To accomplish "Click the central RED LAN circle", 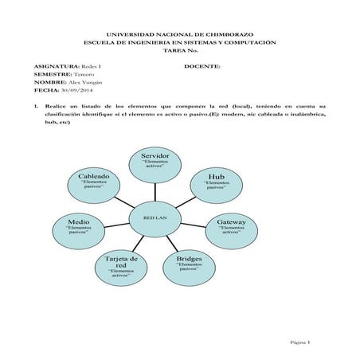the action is [x=155, y=216].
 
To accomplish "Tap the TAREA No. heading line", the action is [x=179, y=50].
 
